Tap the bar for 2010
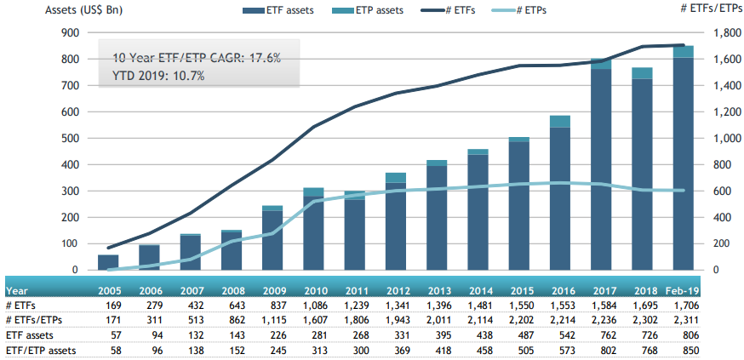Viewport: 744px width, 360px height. coord(313,230)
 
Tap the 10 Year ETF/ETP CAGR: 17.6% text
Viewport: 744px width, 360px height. coord(197,59)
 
